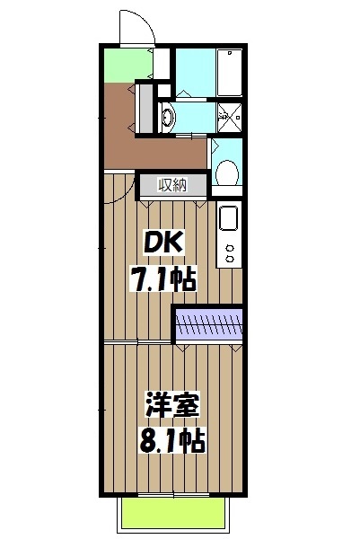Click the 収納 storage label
pos(172,185)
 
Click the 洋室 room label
pos(170,405)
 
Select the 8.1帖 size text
pos(172,439)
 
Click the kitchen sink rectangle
pos(228,219)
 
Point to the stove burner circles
pos(229,253)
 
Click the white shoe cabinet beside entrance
pos(162,65)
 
